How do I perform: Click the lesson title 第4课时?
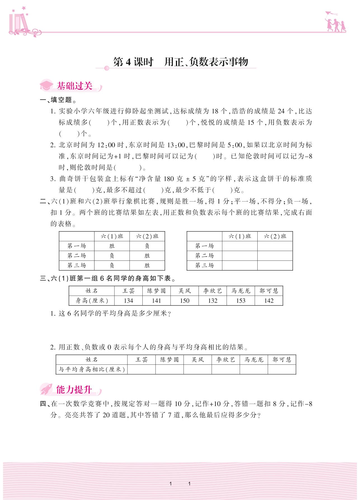point(133,62)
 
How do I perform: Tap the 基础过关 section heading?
point(74,86)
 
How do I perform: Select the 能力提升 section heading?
point(74,389)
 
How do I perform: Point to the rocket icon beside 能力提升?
point(46,389)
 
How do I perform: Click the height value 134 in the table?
point(128,301)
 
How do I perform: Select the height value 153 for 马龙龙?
point(241,301)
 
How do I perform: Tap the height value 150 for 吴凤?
point(185,301)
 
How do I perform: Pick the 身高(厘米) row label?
point(92,301)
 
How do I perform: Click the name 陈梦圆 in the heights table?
point(156,291)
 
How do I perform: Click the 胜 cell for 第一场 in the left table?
point(112,246)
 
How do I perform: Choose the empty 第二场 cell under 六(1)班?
point(240,256)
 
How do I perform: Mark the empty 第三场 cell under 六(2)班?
point(275,266)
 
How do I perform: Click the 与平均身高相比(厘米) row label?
point(91,369)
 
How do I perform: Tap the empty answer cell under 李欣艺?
point(225,369)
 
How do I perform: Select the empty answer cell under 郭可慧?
point(282,369)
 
